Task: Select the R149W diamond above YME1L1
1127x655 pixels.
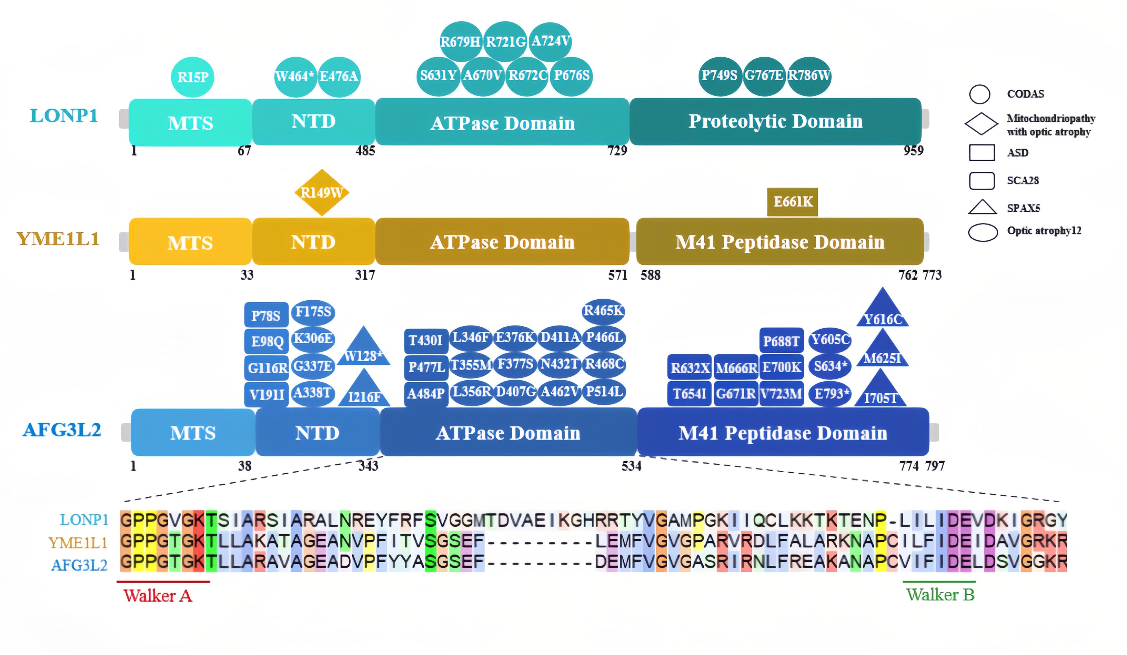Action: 321,193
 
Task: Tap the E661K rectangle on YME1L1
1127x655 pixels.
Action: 793,202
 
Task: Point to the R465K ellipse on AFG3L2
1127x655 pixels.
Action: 603,311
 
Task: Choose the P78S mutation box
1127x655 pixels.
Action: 266,316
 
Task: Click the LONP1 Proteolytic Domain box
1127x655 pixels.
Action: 775,122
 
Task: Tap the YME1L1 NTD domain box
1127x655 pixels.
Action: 313,242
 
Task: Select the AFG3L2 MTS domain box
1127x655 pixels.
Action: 193,432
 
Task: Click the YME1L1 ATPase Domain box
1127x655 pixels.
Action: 502,242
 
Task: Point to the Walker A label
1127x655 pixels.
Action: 158,596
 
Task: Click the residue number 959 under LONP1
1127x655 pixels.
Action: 913,151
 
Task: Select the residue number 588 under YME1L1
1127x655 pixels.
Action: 650,275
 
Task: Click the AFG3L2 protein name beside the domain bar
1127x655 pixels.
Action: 62,430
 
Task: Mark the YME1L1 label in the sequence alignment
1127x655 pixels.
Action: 78,543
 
